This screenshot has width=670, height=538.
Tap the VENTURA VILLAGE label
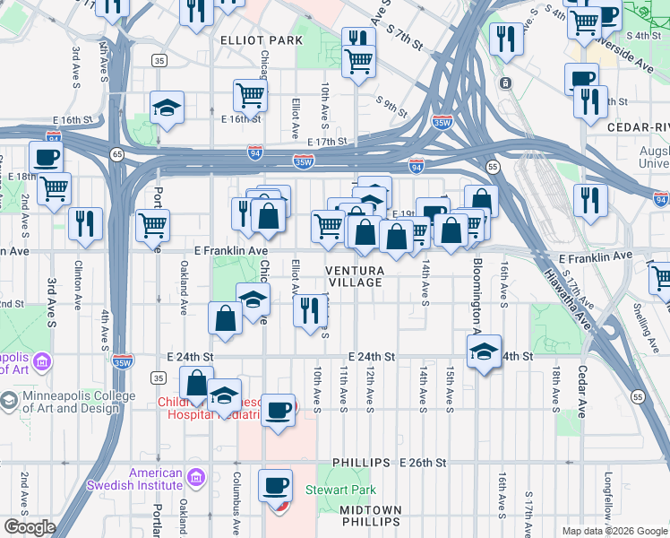pos(355,276)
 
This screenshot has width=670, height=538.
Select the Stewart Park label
pos(339,490)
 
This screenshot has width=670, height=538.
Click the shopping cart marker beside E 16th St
pos(250,94)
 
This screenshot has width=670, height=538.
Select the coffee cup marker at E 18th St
pos(46,157)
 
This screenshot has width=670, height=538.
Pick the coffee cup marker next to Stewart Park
pos(275,485)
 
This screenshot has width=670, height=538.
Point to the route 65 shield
pos(117,154)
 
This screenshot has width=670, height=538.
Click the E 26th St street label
pos(422,463)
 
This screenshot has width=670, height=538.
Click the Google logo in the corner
pos(30,527)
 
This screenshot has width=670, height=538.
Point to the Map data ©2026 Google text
pos(614,531)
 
